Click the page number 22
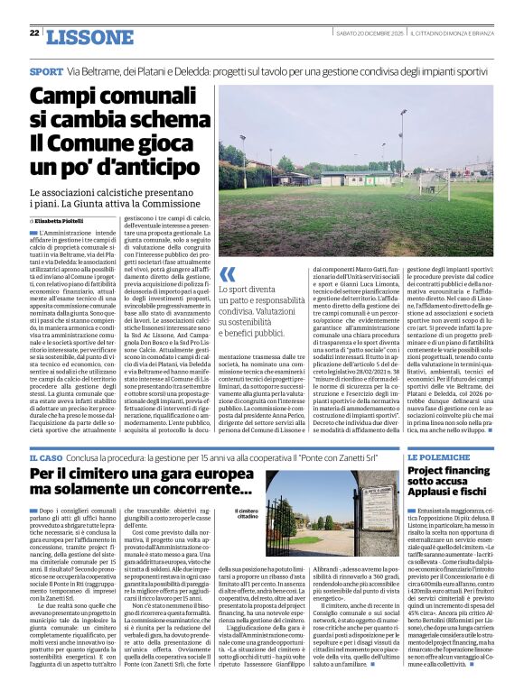click(x=34, y=32)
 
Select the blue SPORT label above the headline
click(x=46, y=70)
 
